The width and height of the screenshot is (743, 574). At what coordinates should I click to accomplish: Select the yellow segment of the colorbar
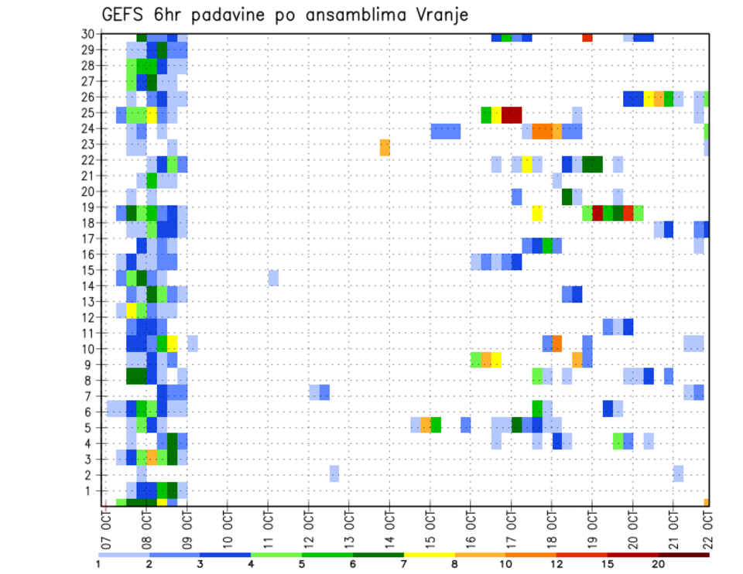coord(430,555)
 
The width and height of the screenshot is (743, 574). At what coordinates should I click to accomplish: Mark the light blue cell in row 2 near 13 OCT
coord(334,473)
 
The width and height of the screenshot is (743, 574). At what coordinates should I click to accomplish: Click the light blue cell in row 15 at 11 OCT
coord(273,277)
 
